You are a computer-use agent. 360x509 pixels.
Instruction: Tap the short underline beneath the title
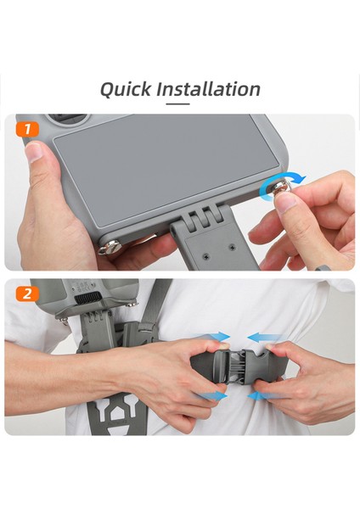177,104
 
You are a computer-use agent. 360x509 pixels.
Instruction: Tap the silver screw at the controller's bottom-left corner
107,250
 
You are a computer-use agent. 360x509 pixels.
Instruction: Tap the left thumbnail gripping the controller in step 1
36,153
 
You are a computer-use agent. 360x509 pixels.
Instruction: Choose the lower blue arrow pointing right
216,395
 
